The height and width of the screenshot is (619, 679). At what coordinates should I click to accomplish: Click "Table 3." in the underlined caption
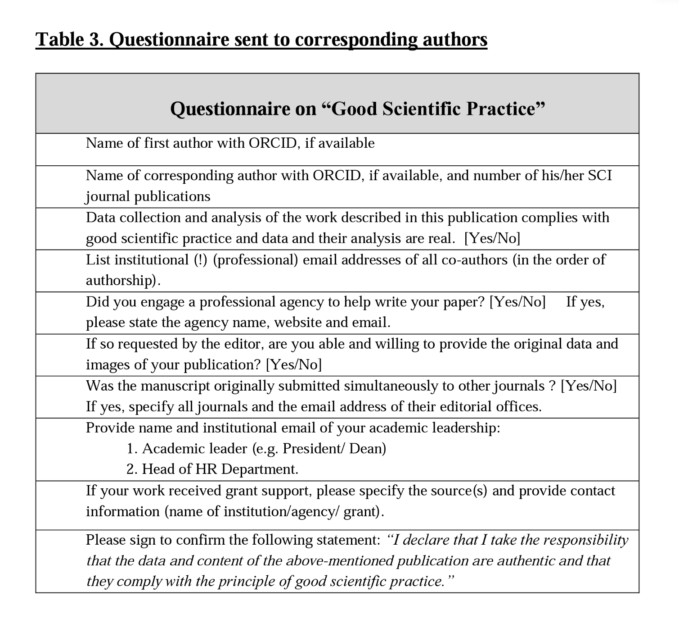tap(70, 39)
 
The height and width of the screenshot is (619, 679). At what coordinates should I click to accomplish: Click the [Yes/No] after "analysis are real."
tap(492, 238)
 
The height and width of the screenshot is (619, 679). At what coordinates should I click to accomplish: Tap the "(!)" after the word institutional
tap(200, 260)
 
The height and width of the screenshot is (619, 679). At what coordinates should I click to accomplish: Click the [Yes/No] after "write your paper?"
tap(517, 302)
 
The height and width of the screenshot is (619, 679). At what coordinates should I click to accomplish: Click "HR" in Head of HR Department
tap(207, 469)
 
